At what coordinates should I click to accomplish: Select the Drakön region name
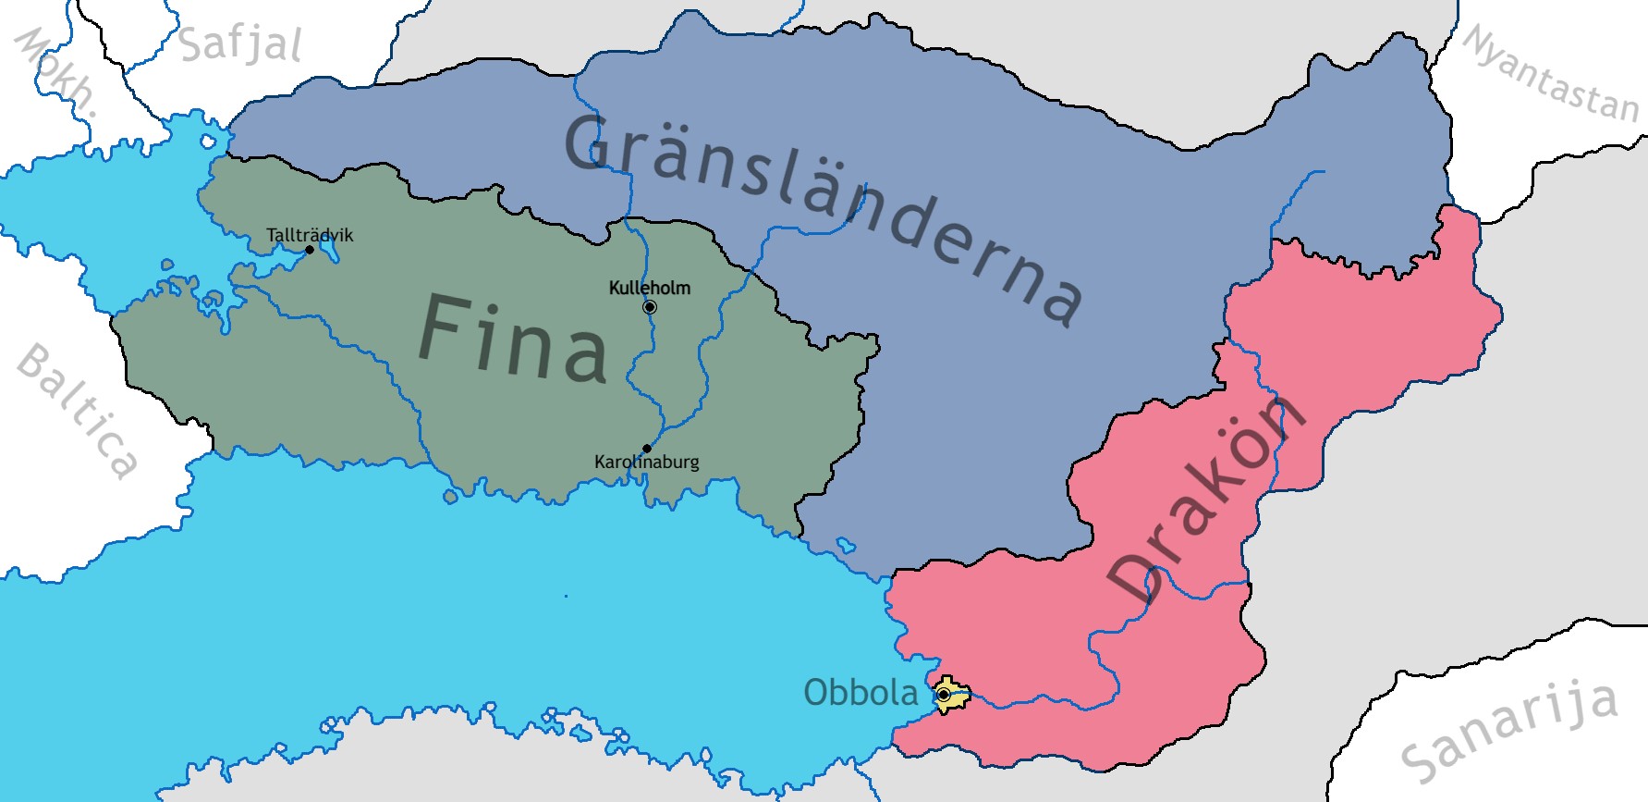click(1206, 500)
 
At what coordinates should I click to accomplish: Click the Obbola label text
click(861, 693)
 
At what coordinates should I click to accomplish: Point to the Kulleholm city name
click(650, 288)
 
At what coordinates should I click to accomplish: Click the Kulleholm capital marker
click(650, 307)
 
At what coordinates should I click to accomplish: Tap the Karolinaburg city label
click(646, 462)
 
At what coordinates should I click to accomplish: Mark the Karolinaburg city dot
click(646, 449)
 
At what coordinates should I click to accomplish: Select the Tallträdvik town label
click(310, 235)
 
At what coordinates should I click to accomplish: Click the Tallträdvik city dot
click(310, 250)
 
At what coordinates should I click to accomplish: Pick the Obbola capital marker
click(944, 694)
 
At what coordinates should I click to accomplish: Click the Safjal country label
click(240, 44)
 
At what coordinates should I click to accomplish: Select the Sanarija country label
click(1509, 731)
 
